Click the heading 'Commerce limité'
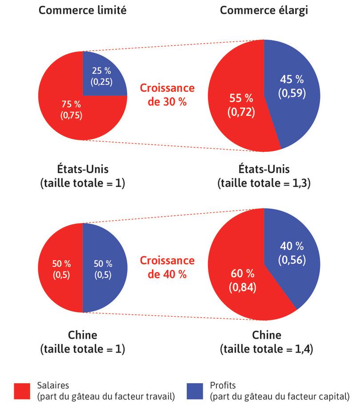coord(83,10)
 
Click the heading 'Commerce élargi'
coord(264,10)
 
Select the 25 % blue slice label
coord(102,76)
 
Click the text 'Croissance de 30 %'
coord(168,95)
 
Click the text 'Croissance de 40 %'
coord(168,267)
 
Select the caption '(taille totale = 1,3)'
coord(264,183)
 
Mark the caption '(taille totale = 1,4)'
coord(266,349)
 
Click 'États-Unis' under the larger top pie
coord(264,169)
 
